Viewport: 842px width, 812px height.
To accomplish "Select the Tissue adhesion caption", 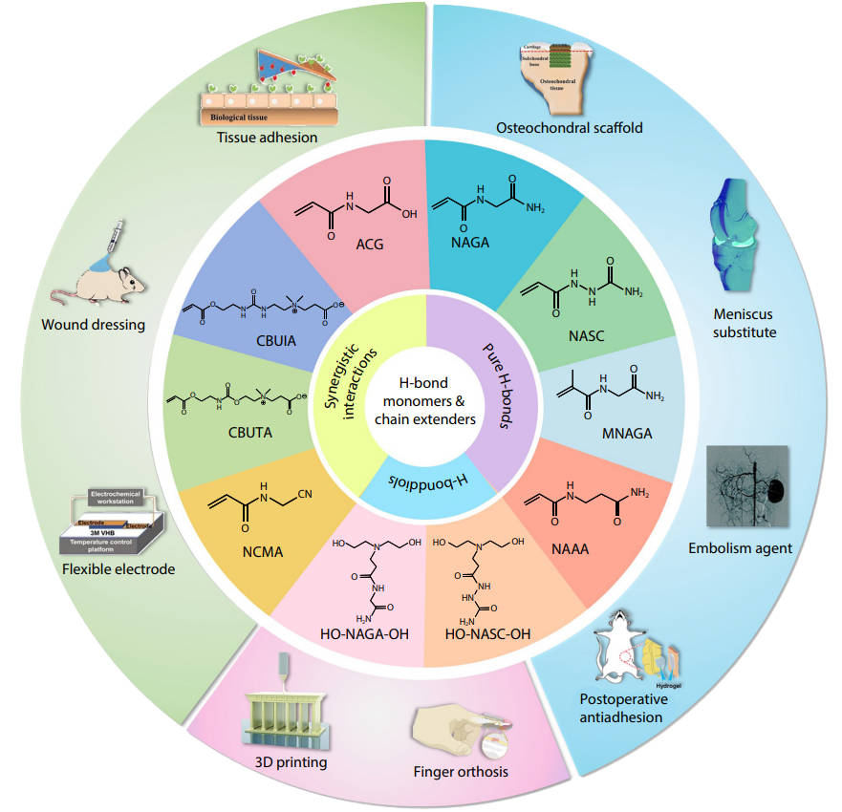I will click(x=262, y=138).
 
